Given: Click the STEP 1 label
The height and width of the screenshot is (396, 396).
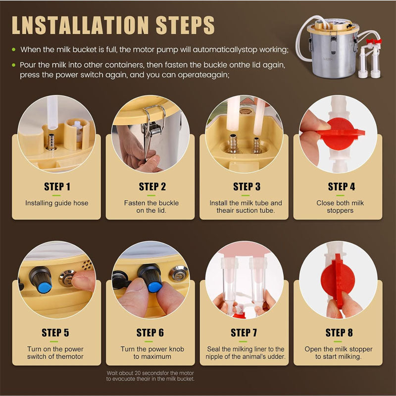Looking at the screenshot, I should click(x=57, y=187).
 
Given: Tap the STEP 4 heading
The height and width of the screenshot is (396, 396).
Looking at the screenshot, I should click(x=341, y=187).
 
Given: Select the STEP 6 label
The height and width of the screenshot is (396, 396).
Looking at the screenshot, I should click(x=151, y=333).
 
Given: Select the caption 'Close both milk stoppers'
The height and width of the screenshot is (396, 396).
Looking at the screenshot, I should click(x=340, y=206).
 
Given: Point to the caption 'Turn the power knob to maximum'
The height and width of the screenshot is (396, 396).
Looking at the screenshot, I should click(x=152, y=352).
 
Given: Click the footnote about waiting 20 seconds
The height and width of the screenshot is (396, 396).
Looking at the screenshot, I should click(x=150, y=376).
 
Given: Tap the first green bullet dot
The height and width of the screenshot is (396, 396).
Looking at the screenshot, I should click(x=14, y=49).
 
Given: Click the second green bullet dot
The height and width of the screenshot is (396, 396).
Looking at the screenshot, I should click(x=14, y=65).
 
